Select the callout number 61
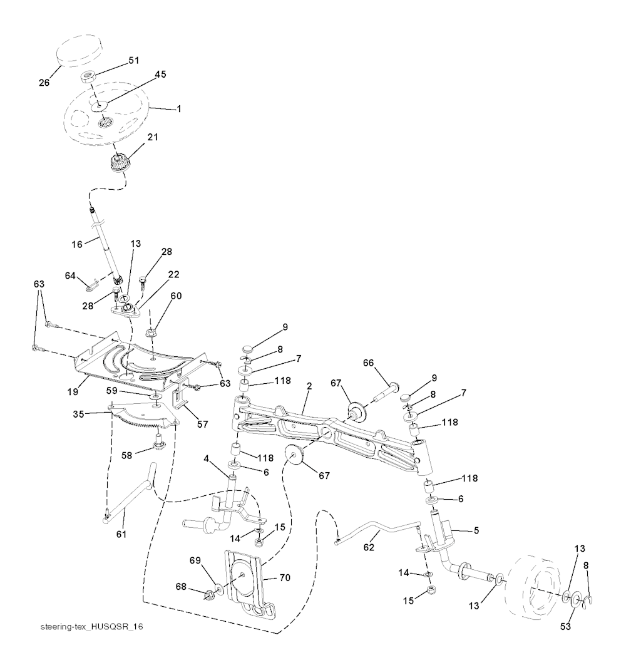(x=121, y=533)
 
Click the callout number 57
(x=202, y=424)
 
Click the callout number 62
(x=369, y=547)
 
